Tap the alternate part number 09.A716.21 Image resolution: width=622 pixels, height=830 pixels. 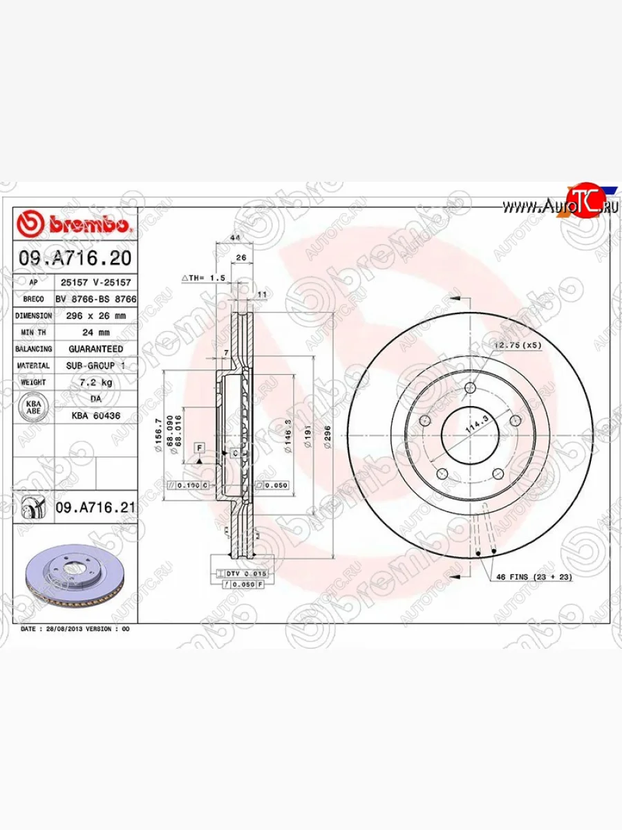95,508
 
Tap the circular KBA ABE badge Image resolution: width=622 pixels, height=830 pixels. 33,407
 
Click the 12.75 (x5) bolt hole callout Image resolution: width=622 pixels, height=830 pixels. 517,344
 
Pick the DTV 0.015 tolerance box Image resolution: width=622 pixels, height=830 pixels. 241,574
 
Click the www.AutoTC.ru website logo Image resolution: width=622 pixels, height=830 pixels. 560,205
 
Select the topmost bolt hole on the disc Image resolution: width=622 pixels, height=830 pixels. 470,388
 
